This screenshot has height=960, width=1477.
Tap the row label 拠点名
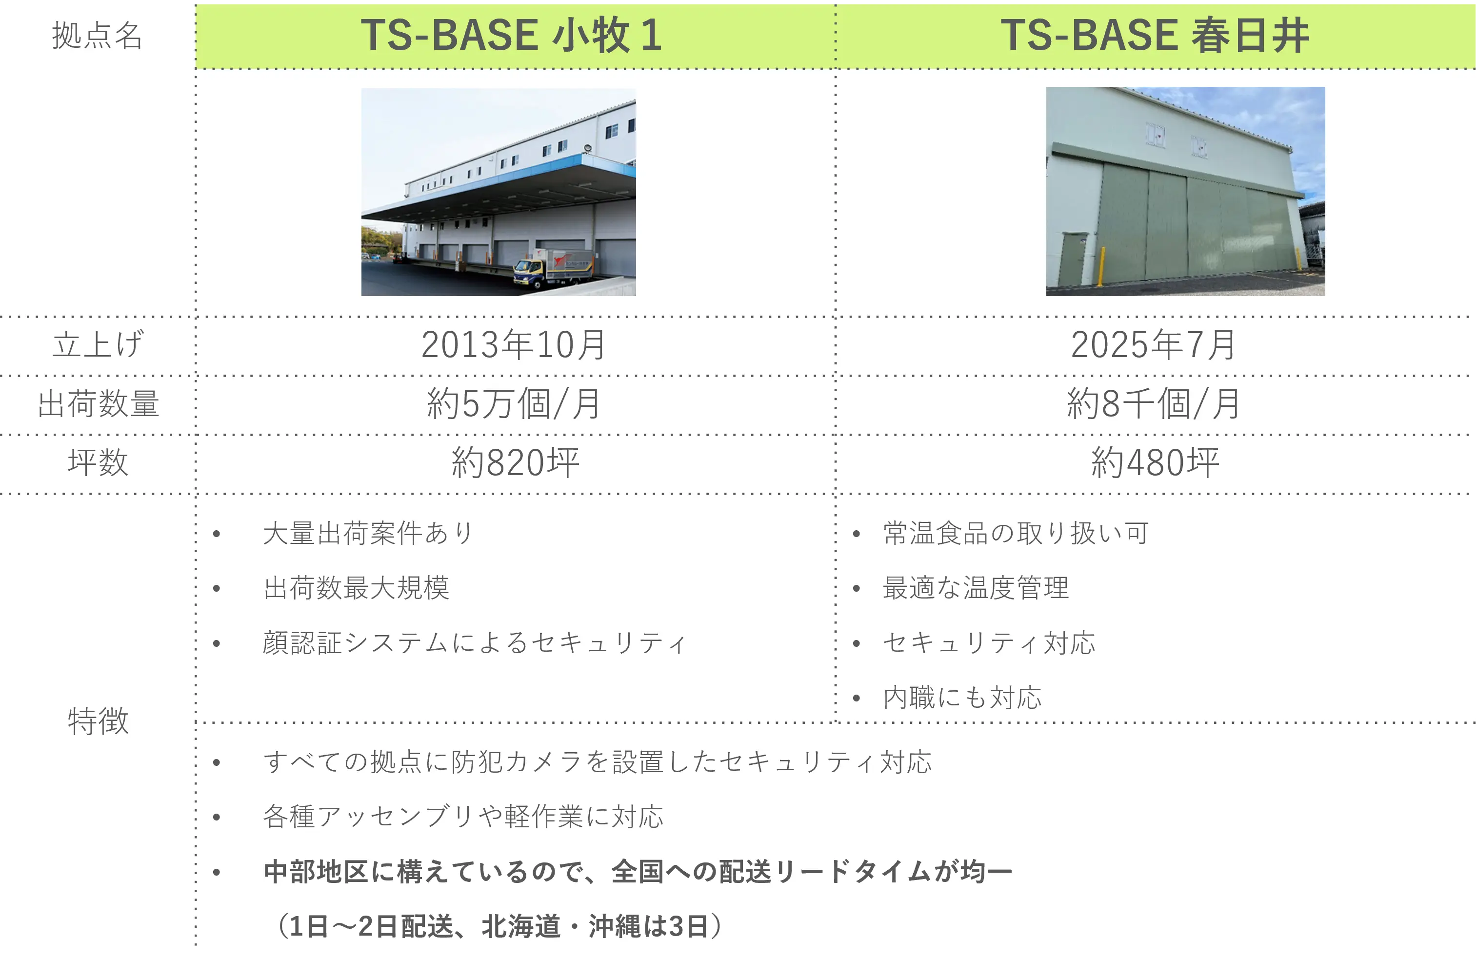tap(98, 36)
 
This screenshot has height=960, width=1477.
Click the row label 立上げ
tap(98, 344)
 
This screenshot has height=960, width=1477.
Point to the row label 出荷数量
tap(98, 403)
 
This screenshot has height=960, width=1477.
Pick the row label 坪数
tap(98, 462)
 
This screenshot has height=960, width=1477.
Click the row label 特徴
tap(98, 721)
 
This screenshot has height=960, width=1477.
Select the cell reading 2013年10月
tap(513, 344)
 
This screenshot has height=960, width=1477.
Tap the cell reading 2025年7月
tap(1154, 344)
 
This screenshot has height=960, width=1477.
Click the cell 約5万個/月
tap(513, 403)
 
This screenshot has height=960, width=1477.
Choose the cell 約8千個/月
tap(1154, 403)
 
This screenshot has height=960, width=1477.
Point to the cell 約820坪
tap(515, 462)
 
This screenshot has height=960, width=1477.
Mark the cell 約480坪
tap(1155, 462)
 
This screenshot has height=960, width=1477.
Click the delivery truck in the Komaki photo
tap(554, 268)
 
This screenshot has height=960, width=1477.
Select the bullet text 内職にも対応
tap(962, 698)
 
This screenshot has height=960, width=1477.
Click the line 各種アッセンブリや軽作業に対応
tap(463, 817)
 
